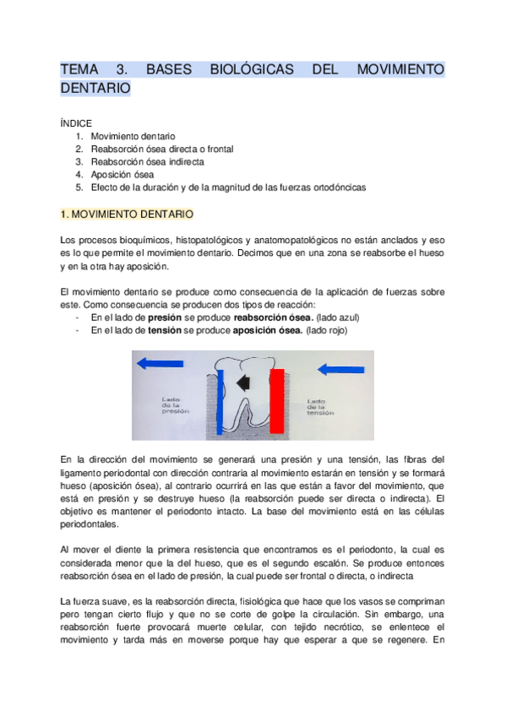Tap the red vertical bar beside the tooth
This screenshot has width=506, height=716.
click(277, 402)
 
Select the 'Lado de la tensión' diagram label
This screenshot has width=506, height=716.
click(320, 407)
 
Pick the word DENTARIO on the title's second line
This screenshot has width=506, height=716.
click(95, 88)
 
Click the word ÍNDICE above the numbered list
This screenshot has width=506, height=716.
click(76, 122)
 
